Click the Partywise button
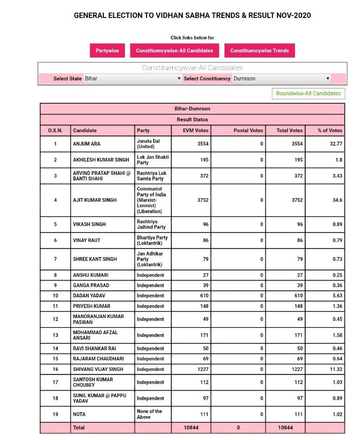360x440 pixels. click(x=107, y=50)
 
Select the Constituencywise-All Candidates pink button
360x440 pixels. click(x=174, y=50)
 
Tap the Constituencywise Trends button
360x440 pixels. click(x=259, y=50)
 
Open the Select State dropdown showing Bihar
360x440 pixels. click(x=132, y=79)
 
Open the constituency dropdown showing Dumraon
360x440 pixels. click(x=281, y=79)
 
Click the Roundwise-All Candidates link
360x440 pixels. click(x=308, y=93)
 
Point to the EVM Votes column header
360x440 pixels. click(x=196, y=131)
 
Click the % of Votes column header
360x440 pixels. click(x=330, y=131)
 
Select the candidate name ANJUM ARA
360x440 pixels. click(x=87, y=144)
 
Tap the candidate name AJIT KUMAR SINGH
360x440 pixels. click(x=95, y=200)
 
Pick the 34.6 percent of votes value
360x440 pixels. click(x=337, y=200)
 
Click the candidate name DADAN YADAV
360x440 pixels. click(x=89, y=295)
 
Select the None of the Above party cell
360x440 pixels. click(x=150, y=414)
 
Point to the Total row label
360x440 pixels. click(x=79, y=427)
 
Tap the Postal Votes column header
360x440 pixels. click(x=248, y=131)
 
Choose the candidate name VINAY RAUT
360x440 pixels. click(x=87, y=241)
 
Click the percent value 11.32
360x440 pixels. click(x=334, y=369)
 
